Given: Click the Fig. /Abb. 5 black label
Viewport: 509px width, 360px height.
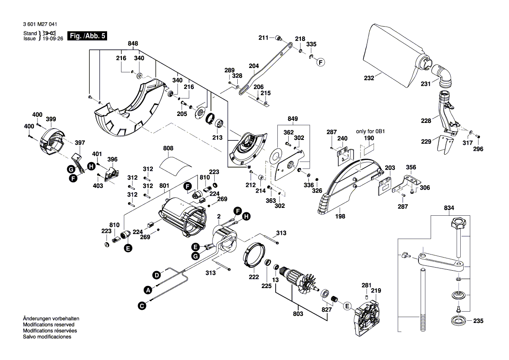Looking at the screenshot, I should (87, 36).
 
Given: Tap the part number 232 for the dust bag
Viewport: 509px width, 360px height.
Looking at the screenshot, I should (369, 78).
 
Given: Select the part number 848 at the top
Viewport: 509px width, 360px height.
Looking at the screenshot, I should (133, 44).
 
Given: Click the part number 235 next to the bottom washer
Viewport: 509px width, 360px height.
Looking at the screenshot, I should (478, 322).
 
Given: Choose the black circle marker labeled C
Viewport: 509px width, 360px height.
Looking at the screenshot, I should (142, 306).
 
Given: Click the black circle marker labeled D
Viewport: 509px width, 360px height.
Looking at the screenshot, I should (155, 275).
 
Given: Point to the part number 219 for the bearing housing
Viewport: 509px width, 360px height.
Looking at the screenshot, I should (376, 291).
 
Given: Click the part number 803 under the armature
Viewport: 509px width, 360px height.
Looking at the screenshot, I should (298, 314).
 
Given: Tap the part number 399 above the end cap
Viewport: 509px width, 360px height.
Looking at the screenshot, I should (51, 119).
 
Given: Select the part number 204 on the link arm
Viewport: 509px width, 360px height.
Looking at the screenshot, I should (253, 66).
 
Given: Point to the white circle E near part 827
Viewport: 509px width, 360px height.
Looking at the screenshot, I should (347, 306).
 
